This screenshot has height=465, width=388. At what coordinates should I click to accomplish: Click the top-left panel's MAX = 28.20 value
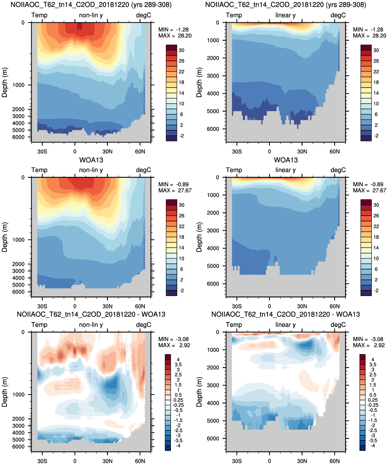coord(175,36)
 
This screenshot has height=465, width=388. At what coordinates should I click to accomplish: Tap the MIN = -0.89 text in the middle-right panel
coord(368,184)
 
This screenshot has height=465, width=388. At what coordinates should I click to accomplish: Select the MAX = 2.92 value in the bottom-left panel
coord(174,345)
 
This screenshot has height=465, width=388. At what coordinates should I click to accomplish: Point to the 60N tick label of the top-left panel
coord(140,151)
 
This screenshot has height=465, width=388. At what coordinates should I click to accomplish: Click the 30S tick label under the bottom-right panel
coord(237,461)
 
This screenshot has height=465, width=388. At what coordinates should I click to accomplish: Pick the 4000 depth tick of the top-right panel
coord(213,93)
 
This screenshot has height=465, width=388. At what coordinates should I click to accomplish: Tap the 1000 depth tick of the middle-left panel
coord(19,240)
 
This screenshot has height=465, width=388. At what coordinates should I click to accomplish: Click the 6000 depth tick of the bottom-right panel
coord(213,438)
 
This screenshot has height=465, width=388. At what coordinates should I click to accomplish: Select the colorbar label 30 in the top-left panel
coord(182,50)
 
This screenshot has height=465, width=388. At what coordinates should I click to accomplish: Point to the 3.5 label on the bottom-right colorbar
coord(373,365)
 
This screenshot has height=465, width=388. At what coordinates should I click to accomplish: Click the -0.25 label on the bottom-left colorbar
coord(178,405)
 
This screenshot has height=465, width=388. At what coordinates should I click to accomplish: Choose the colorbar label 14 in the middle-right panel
coord(376,248)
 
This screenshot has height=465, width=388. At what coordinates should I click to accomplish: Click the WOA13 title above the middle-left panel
coord(91,160)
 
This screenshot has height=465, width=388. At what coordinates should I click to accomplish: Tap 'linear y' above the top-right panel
coord(285,15)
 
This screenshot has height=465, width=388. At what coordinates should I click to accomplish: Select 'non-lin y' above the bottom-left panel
coord(91,325)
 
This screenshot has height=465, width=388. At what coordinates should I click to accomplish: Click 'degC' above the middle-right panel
coord(338,170)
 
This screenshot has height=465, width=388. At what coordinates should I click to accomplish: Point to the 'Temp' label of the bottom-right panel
coord(234,325)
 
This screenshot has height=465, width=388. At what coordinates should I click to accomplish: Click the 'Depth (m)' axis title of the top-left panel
coord(4,82)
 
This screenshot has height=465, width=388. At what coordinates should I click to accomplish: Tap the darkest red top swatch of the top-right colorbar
coord(366,47)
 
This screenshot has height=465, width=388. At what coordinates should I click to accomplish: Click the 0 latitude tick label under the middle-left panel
coord(75,306)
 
